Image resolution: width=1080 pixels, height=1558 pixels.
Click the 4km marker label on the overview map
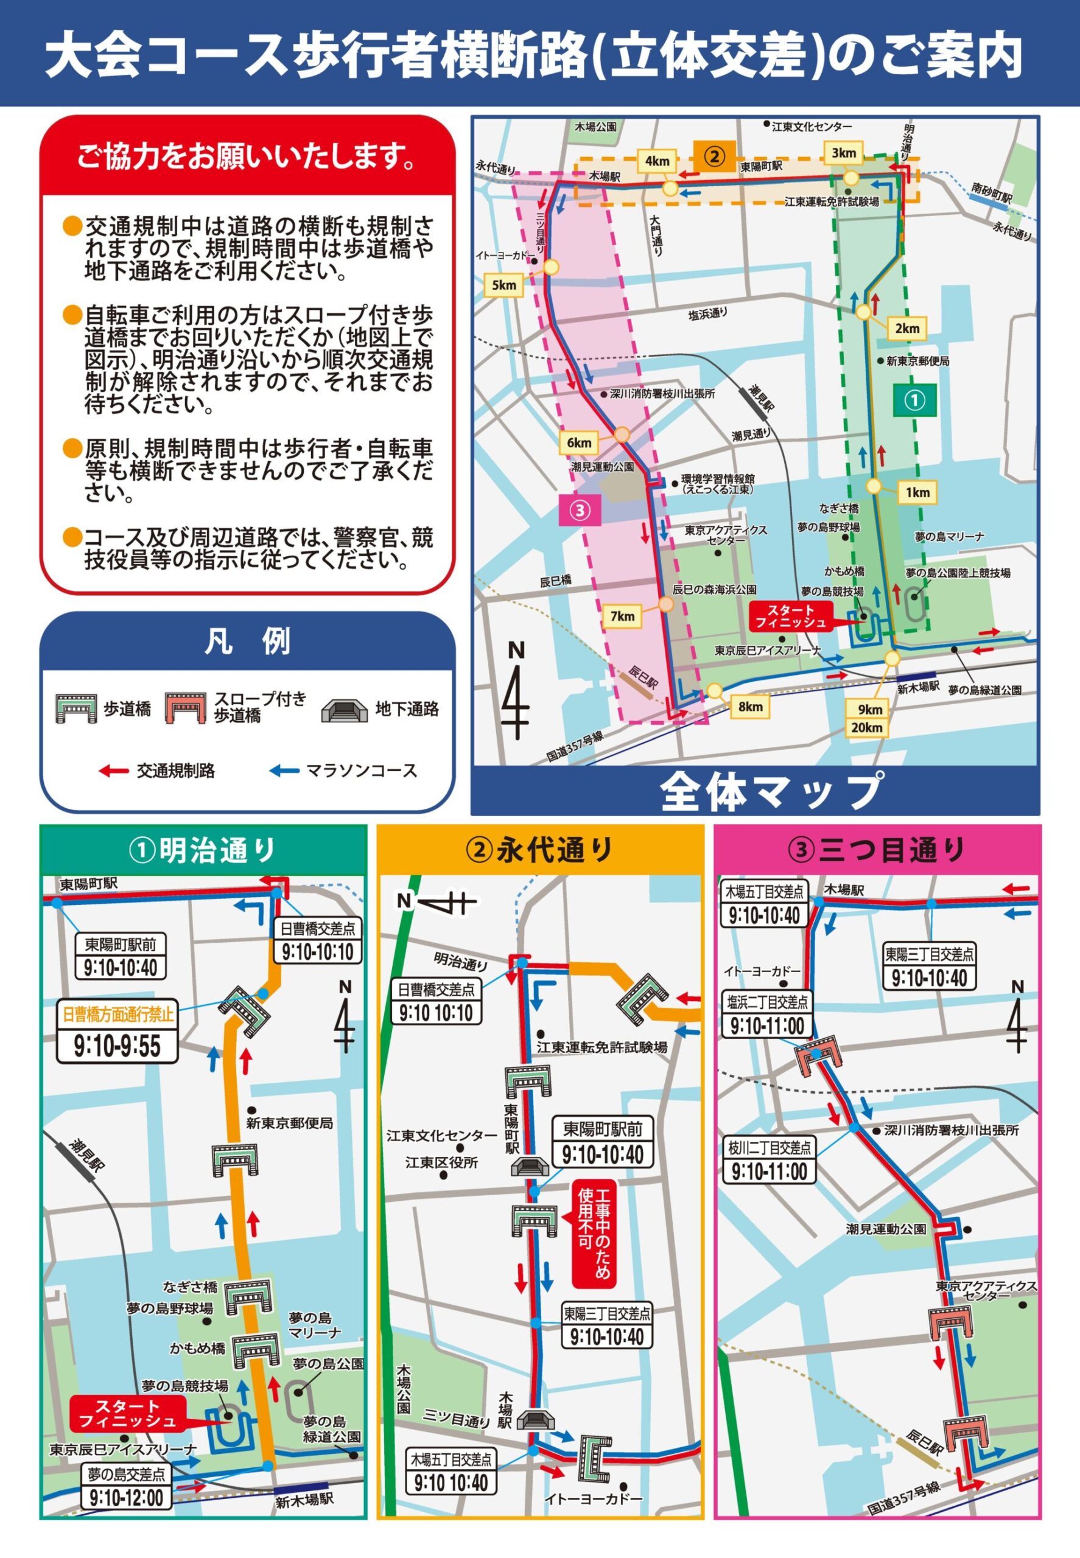[x=656, y=161]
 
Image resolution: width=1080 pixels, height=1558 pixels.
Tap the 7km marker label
[x=622, y=616]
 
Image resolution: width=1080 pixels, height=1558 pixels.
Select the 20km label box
[x=867, y=727]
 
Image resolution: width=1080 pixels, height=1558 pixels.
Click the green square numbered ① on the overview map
[x=914, y=400]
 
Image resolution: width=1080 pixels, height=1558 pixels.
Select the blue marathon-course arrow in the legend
[x=284, y=770]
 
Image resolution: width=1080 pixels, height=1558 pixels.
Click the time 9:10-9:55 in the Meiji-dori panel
[x=117, y=1047]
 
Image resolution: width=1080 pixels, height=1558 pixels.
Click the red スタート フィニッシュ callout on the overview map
[x=790, y=617]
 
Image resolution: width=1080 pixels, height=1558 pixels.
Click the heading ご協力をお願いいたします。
[x=247, y=157]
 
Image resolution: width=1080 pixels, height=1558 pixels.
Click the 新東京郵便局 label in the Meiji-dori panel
[x=290, y=1123]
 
